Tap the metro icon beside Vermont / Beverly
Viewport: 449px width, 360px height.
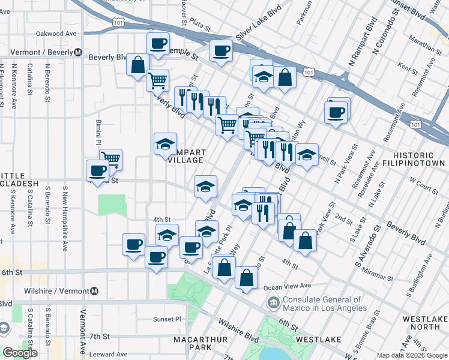(x=78, y=52)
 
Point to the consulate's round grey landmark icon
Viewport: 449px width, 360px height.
(x=274, y=301)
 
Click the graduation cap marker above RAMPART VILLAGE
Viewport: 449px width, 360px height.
(x=165, y=145)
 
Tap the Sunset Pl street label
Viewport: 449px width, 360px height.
(x=166, y=319)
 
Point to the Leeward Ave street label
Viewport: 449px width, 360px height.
(x=109, y=355)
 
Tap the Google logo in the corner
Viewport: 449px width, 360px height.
(x=20, y=353)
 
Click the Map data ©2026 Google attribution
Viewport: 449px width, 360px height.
(x=412, y=355)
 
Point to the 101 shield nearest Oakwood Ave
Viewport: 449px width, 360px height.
(x=118, y=23)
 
